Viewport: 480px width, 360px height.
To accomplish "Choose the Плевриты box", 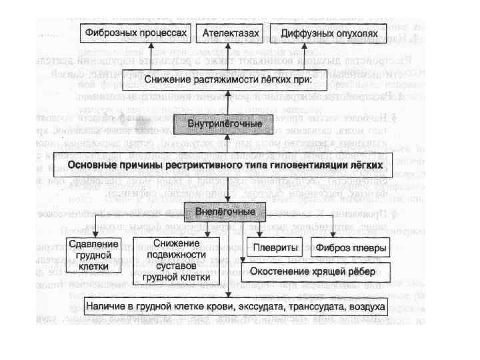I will pos(271,246).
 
